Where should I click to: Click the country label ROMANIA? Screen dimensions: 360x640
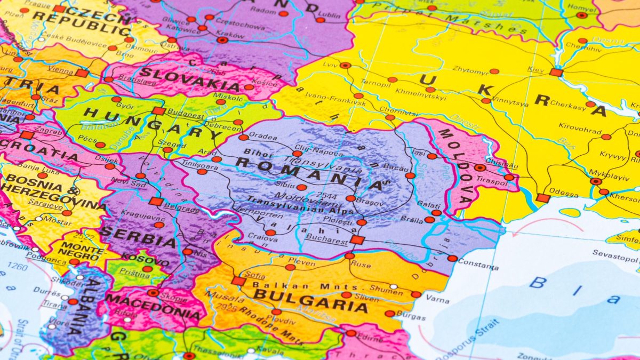point(309,173)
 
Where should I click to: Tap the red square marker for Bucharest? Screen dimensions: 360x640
point(357,239)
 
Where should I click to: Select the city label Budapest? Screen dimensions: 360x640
point(186,113)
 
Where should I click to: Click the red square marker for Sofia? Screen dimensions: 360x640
point(238,281)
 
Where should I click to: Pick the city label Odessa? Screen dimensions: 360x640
point(563,194)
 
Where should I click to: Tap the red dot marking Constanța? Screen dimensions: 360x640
point(452,258)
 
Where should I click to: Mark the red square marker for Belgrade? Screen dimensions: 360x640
point(156,201)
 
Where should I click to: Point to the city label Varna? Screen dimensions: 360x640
point(437,300)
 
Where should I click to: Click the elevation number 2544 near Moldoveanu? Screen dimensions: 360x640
point(326,195)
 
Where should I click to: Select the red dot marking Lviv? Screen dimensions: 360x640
point(346,65)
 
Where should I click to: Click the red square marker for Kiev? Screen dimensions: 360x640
point(556,72)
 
